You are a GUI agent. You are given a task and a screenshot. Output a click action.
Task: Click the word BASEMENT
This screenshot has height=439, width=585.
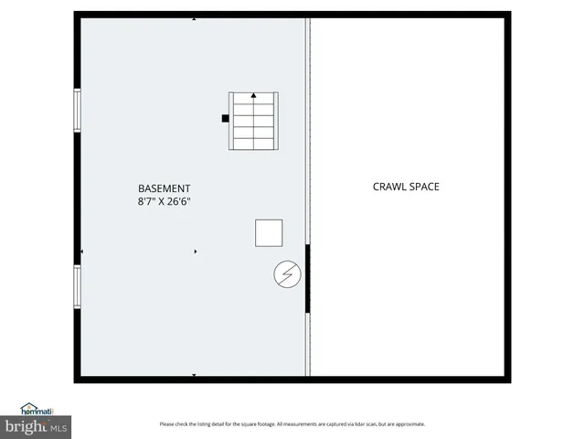point(165,187)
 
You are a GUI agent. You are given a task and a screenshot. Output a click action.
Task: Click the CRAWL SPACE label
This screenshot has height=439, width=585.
point(406,187)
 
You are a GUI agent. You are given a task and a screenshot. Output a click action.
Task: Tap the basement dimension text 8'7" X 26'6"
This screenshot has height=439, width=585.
point(165,201)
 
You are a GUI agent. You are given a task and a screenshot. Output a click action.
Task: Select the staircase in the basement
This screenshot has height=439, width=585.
point(252,122)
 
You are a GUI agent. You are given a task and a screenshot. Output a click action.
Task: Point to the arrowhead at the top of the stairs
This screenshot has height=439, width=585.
point(253,95)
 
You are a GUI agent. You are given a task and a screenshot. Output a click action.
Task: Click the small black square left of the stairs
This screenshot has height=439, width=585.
point(224,117)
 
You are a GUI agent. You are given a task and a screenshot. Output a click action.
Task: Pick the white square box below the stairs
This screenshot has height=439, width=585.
point(269,232)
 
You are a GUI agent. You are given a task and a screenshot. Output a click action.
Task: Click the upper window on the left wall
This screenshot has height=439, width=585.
point(78,111)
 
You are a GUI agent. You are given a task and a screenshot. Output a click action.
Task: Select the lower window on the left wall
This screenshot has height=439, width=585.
point(78,286)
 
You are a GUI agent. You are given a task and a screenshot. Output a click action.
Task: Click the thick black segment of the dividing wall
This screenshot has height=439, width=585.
point(307,279)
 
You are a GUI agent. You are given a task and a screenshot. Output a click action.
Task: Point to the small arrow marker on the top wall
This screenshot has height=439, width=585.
point(193,18)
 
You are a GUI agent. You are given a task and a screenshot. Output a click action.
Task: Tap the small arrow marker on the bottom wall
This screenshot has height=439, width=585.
point(193,375)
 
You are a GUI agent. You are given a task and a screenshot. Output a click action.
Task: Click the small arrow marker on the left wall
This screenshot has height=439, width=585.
point(83,252)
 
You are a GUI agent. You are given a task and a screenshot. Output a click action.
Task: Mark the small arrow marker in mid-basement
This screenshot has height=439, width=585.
point(195,252)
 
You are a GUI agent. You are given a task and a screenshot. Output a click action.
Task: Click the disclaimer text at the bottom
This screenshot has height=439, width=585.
point(292,424)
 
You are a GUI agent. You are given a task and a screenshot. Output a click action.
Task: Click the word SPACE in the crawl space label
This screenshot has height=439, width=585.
point(424,187)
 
